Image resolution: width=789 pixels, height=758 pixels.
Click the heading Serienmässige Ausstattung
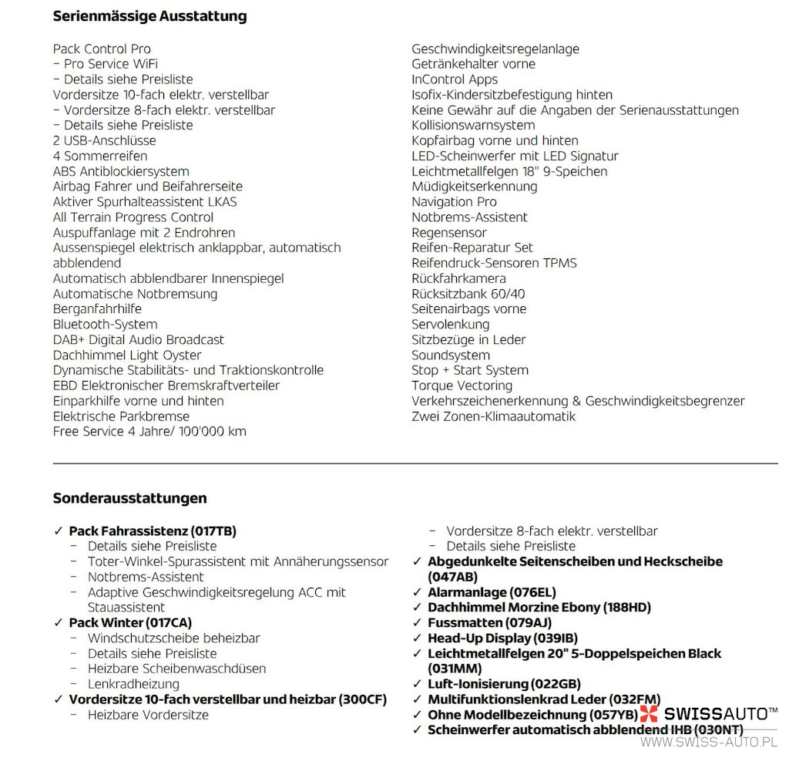149,16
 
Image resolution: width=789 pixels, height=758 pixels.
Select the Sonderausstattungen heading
129,498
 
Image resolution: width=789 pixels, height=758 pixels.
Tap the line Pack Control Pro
102,49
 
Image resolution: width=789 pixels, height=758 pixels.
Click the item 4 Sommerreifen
100,156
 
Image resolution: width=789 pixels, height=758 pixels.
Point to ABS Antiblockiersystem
121,171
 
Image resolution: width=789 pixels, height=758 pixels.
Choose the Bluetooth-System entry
105,325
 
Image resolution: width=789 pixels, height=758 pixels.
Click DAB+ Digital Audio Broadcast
139,340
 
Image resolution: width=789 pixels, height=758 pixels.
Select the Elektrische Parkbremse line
121,416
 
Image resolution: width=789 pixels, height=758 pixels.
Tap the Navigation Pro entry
454,202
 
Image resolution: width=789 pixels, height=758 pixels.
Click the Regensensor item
449,233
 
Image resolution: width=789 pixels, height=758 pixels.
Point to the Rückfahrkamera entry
458,278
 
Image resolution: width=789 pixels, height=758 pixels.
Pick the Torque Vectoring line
462,386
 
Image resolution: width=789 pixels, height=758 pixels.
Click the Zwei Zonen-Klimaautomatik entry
493,416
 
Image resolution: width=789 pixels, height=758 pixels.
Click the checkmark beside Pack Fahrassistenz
59,531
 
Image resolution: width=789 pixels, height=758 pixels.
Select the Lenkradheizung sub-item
133,684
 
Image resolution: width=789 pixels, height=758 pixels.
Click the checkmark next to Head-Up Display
417,638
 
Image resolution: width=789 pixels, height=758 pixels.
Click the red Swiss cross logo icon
649,714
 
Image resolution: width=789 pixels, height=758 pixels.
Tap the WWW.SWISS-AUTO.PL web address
709,742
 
